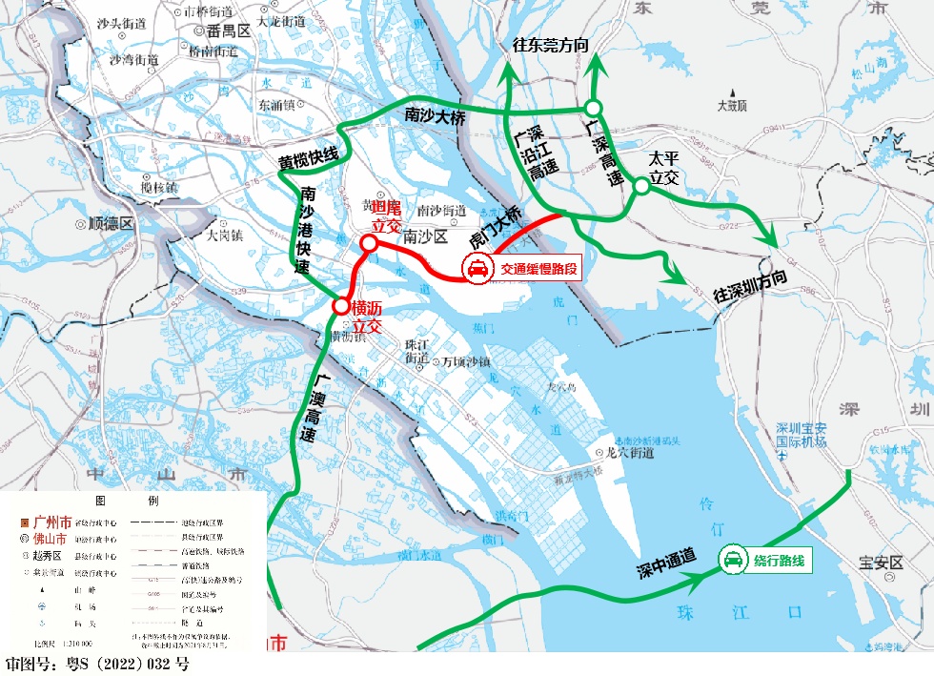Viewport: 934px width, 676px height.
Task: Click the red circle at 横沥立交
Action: click(x=340, y=306)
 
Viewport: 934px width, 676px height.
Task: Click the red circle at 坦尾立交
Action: click(x=368, y=242)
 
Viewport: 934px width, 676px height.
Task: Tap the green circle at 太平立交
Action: click(x=641, y=187)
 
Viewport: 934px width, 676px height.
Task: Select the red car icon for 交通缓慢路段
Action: click(x=477, y=270)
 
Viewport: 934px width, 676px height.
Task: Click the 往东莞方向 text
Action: click(x=550, y=45)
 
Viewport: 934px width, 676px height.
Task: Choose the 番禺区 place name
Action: click(x=228, y=31)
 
